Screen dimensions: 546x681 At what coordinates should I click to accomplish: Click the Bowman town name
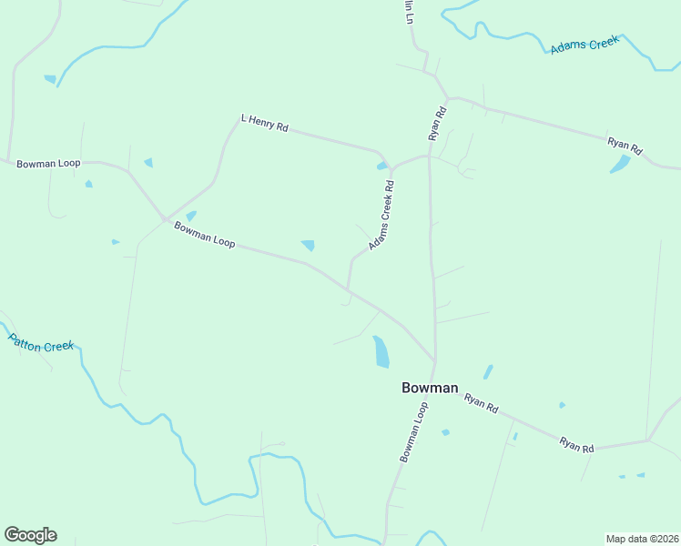(430, 388)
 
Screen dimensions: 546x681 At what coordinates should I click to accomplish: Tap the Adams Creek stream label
(584, 44)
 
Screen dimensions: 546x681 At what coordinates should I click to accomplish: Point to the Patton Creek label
(41, 343)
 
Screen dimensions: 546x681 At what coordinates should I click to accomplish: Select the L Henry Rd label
(264, 124)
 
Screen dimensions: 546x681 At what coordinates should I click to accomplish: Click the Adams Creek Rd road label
(382, 216)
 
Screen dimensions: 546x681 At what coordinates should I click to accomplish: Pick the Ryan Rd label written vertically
(439, 124)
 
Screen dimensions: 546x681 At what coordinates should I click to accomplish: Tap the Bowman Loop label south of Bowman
(413, 432)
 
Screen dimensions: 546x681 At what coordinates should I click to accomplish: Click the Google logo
(30, 535)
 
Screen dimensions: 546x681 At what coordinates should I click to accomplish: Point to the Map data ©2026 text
(642, 539)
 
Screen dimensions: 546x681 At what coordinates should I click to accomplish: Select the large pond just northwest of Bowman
(381, 351)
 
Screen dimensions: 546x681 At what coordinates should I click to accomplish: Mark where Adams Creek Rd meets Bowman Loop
(347, 290)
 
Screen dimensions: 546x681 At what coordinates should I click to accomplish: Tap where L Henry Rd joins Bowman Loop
(165, 219)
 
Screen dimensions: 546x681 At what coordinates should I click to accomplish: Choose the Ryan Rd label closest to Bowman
(481, 404)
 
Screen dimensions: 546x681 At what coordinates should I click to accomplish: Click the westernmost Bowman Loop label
(48, 164)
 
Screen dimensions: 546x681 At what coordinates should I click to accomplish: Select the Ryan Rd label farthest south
(577, 445)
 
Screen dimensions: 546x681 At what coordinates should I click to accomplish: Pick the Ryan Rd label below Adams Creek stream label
(625, 145)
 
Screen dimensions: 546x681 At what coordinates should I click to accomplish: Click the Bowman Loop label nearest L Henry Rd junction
(205, 235)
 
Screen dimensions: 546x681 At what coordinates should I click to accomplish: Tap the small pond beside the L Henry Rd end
(381, 166)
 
